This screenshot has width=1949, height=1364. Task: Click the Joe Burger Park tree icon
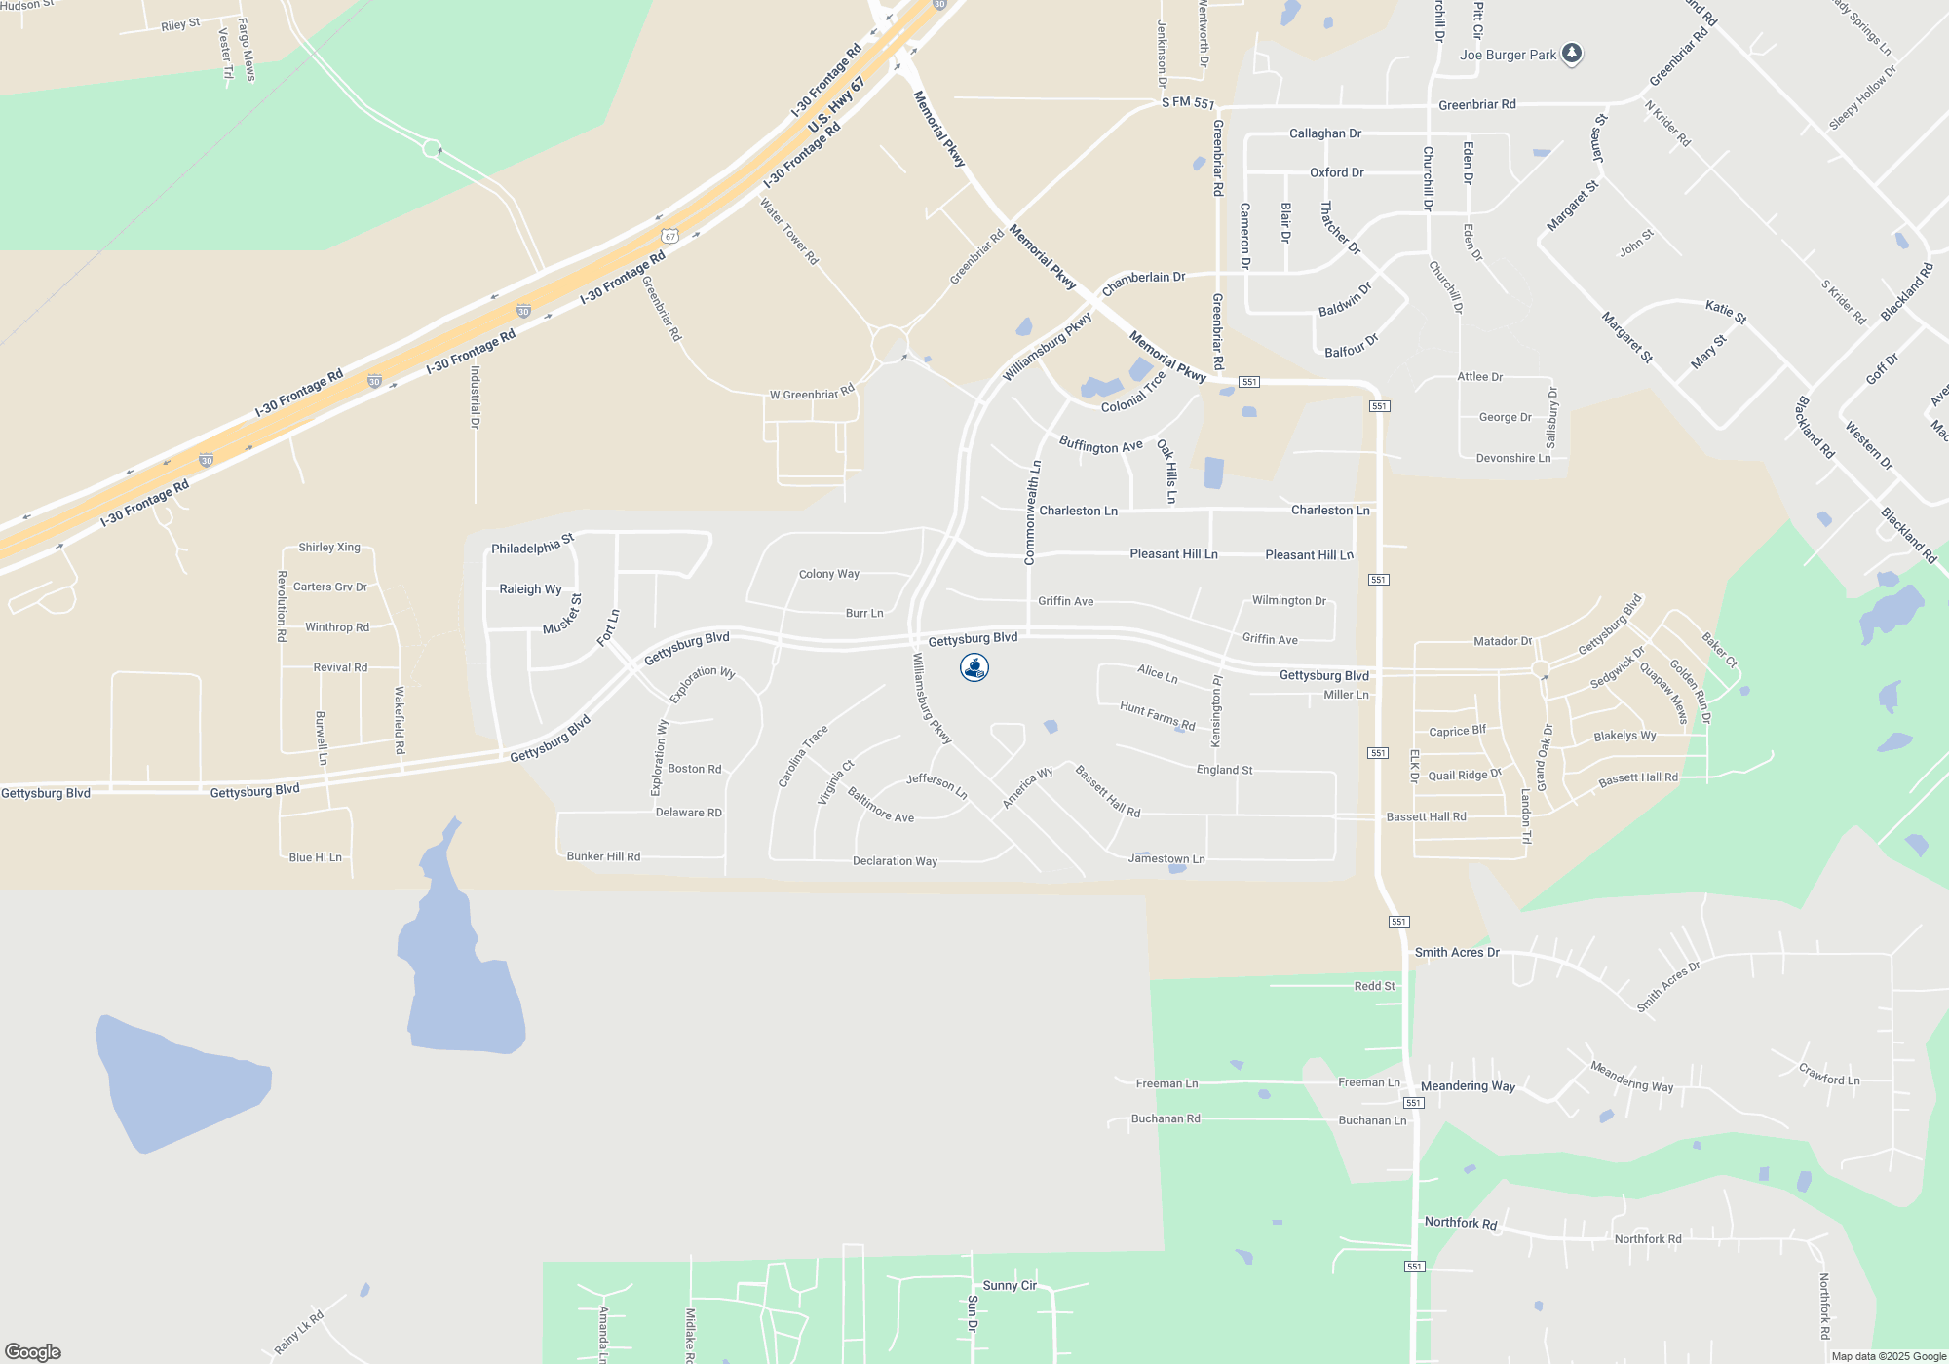coord(1572,54)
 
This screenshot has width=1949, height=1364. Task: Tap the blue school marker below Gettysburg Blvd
coord(974,667)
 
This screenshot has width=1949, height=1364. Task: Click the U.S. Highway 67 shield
coord(669,236)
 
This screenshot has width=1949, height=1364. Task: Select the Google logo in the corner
coord(33,1351)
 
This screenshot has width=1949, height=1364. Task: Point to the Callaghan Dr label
coord(1324,133)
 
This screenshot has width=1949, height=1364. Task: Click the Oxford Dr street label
coord(1336,172)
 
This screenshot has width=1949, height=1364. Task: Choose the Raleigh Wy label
coord(530,589)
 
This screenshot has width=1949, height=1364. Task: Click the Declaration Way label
coord(895,861)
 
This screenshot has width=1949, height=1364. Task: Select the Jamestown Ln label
coord(1166,859)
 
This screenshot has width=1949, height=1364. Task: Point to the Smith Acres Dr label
coord(1457,953)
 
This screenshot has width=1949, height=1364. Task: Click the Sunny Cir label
coord(1010,1286)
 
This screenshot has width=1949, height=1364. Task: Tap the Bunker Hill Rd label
coord(603,856)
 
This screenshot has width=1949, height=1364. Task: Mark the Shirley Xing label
coord(329,548)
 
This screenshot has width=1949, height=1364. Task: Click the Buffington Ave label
coord(1100,446)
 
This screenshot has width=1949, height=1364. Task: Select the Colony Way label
coord(829,574)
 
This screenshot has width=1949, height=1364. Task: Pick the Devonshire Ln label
coord(1512,458)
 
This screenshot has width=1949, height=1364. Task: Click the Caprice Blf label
coord(1457,732)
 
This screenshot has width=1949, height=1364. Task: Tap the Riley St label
coord(180,24)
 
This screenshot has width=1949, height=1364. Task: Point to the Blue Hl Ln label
coord(315,857)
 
